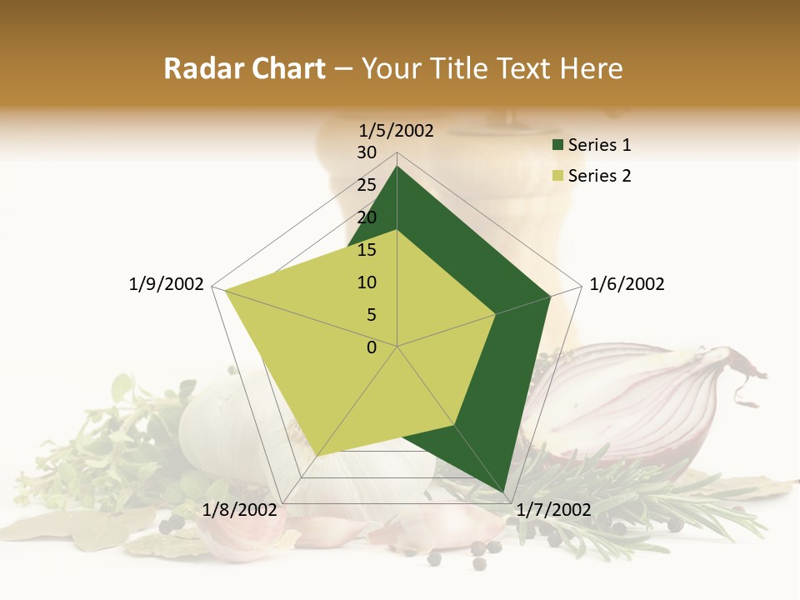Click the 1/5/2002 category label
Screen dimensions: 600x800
(397, 131)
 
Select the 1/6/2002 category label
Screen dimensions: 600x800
(627, 284)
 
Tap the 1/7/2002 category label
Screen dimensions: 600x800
(554, 510)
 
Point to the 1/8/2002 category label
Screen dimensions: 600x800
(240, 510)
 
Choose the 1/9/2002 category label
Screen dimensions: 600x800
(167, 284)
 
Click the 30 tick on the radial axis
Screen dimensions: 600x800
(367, 152)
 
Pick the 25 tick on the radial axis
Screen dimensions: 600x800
(367, 185)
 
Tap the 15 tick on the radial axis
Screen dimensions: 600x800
(367, 250)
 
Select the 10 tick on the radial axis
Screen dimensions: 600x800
(367, 282)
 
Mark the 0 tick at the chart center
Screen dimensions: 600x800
(372, 347)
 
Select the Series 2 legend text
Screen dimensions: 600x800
(599, 176)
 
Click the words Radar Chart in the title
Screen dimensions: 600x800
(244, 69)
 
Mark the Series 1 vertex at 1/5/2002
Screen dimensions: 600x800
(397, 166)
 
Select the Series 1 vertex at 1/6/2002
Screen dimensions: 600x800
(550, 296)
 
